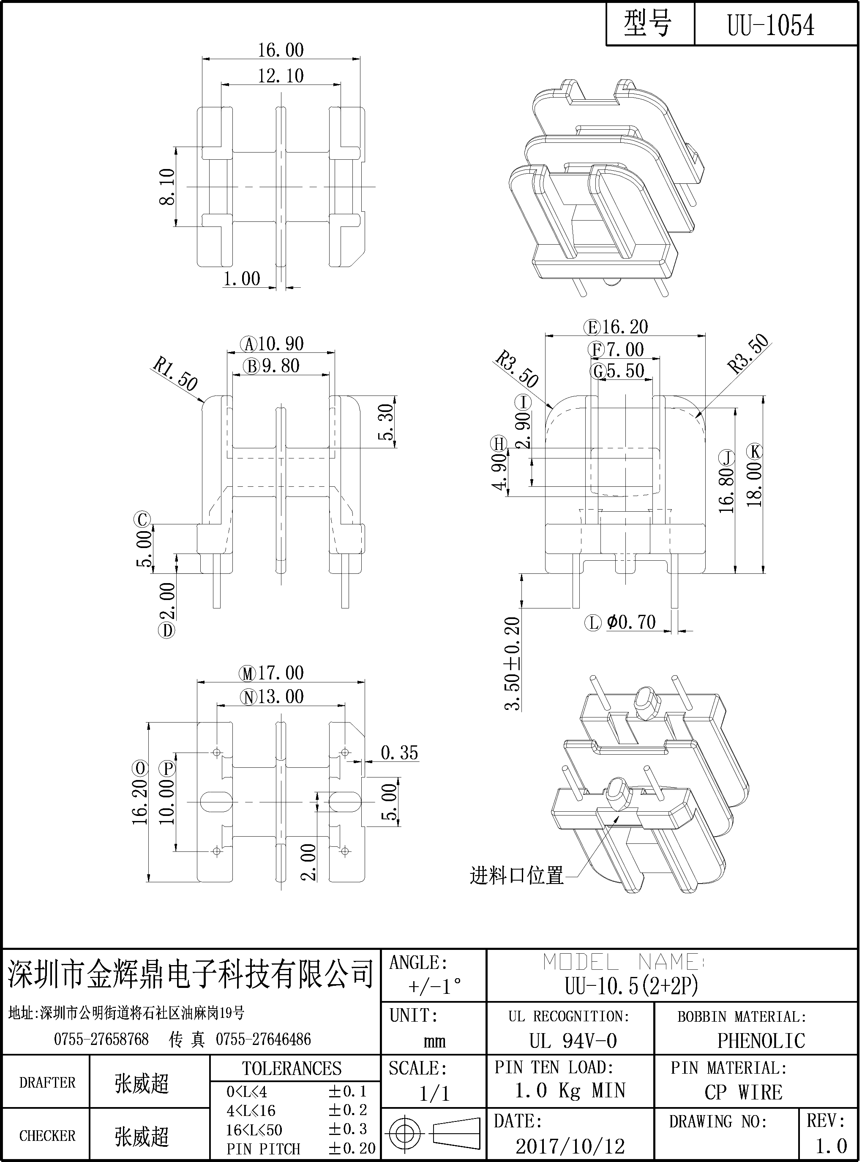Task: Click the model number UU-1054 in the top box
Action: [771, 25]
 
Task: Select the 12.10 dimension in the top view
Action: [281, 76]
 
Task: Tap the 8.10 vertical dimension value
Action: [167, 187]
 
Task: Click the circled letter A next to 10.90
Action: [249, 344]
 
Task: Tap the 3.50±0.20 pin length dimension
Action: [513, 663]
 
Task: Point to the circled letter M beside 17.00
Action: [248, 674]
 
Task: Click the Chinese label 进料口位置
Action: [517, 876]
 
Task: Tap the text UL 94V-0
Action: [573, 1042]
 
